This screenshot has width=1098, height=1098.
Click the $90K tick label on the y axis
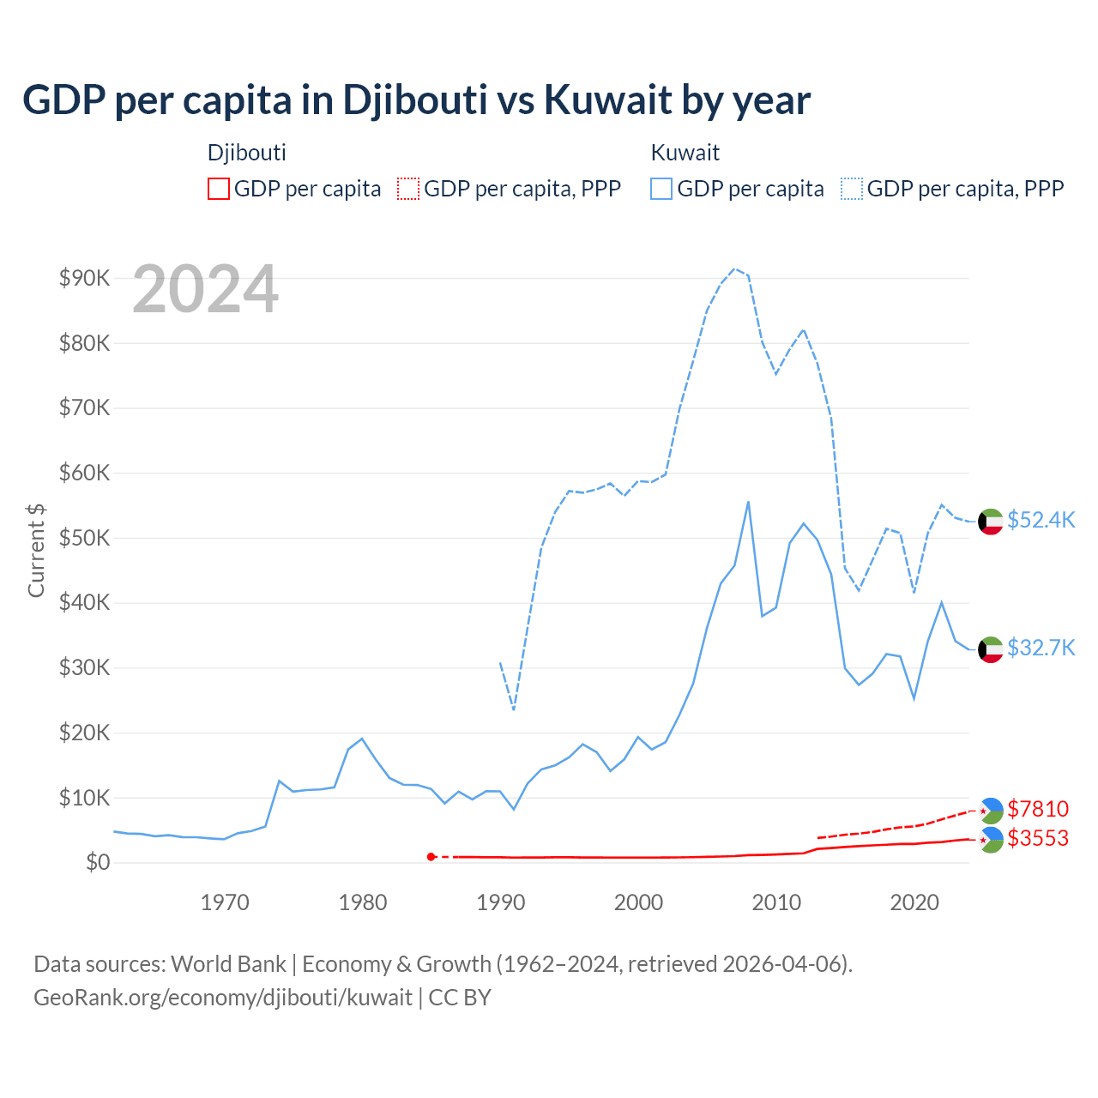(x=84, y=278)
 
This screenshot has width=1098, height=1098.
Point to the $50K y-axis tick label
(x=84, y=538)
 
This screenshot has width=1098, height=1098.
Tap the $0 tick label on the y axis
(x=98, y=862)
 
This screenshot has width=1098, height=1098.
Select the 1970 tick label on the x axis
(x=225, y=902)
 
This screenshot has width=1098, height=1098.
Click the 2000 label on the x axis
(x=638, y=902)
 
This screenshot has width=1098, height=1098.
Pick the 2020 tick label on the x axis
(x=914, y=902)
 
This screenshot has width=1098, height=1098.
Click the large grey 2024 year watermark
(x=206, y=289)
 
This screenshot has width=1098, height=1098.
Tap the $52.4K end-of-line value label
(x=1041, y=521)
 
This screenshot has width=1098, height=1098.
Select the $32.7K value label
(x=1041, y=648)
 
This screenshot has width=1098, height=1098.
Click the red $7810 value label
(x=1038, y=809)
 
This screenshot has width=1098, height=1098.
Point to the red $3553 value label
(x=1038, y=838)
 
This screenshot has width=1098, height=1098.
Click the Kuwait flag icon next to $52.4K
(x=991, y=522)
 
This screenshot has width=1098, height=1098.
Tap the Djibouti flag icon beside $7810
(x=991, y=810)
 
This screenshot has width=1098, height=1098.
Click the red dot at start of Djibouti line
(x=431, y=857)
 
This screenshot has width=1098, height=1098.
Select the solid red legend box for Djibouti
(x=219, y=189)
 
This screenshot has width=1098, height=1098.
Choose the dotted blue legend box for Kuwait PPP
(x=851, y=189)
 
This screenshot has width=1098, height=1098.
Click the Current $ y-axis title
(x=36, y=550)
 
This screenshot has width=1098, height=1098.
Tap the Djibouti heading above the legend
(x=247, y=153)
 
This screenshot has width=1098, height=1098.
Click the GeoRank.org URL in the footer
(x=223, y=998)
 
